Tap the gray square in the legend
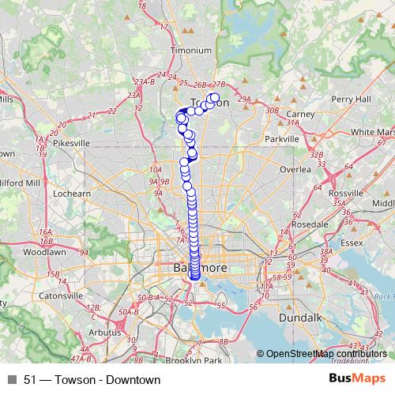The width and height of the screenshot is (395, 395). point(12,380)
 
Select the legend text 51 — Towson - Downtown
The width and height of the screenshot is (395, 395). point(92,380)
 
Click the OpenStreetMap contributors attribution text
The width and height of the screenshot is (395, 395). point(326,354)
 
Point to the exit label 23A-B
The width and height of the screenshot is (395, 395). point(144,81)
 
